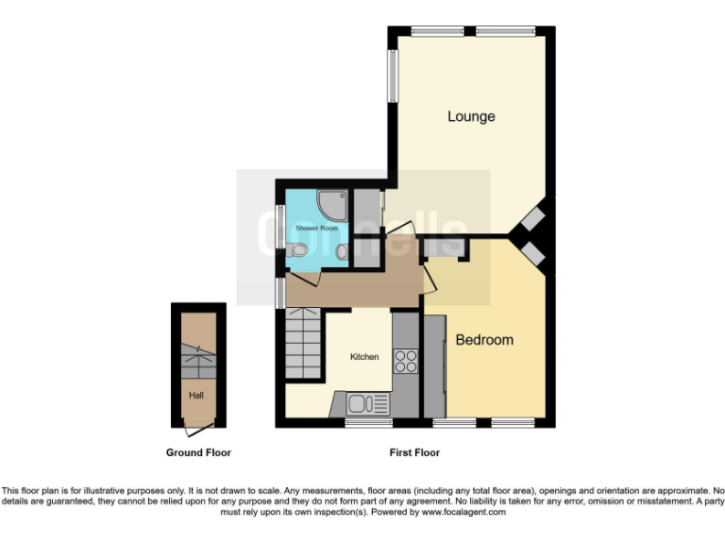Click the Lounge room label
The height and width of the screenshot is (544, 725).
point(471,117)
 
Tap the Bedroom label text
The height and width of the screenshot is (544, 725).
point(484,340)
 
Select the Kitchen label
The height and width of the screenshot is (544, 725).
point(364,357)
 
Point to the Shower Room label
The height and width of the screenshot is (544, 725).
point(316,229)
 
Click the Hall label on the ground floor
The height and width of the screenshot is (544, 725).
point(196,396)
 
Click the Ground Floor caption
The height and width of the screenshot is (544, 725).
point(198,453)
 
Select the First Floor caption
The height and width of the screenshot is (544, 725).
point(414,453)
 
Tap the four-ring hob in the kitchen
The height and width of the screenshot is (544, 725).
point(406,361)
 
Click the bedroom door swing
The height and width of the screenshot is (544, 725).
point(430,275)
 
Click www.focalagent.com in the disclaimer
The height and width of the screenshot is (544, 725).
point(463,513)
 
